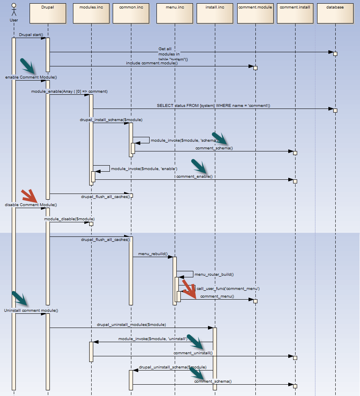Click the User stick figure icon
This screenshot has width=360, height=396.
(13, 9)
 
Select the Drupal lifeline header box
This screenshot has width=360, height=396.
(47, 13)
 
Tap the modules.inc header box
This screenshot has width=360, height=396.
(91, 13)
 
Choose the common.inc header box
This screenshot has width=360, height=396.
(131, 13)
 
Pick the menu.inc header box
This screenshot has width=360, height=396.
(174, 13)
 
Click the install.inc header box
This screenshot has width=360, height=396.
(215, 13)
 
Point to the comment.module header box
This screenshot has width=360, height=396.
(255, 13)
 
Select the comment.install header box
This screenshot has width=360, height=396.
(295, 13)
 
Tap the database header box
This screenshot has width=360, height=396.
(336, 13)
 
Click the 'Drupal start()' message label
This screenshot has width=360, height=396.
(31, 35)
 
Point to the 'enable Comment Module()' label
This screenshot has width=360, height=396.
(31, 77)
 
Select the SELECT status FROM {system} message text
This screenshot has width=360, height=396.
(213, 105)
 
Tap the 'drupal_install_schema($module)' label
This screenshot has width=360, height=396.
(111, 120)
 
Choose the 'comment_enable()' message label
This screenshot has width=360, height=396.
(194, 177)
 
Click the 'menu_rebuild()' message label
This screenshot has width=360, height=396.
(153, 253)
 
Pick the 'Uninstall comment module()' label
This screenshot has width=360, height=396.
(31, 311)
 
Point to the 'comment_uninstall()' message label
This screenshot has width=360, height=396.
(193, 353)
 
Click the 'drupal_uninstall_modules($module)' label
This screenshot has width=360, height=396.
(131, 325)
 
